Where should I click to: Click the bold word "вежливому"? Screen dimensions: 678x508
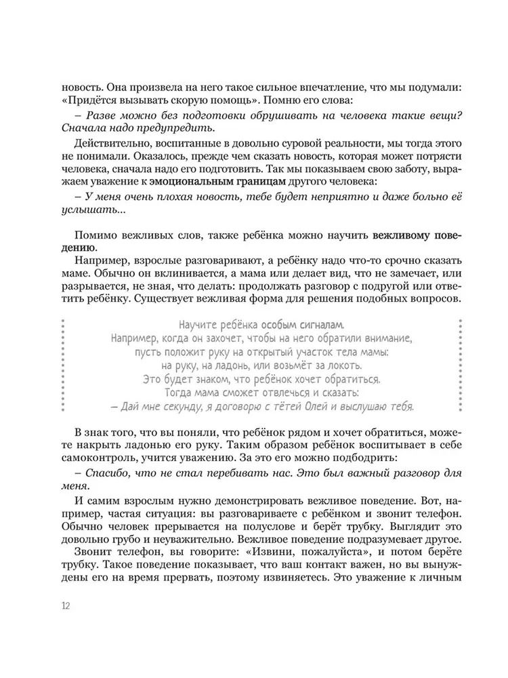399,235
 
